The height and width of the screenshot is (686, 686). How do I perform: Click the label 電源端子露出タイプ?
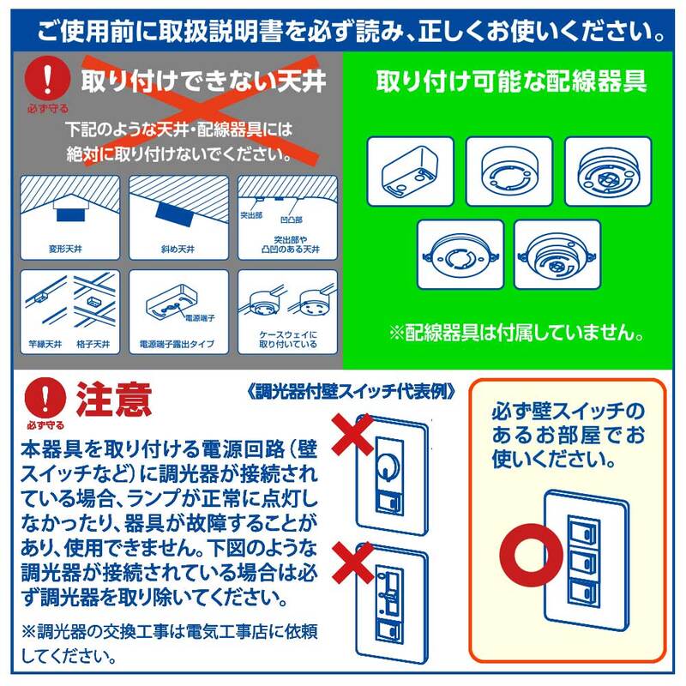point(177,344)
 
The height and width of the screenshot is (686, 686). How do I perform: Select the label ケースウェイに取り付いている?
point(287,340)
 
